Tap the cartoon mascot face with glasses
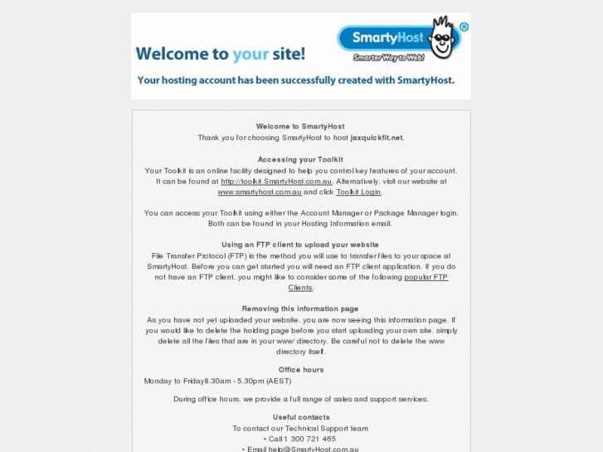(443, 40)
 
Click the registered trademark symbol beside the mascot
(464, 27)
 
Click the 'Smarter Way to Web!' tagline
(388, 57)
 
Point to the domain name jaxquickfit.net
(377, 138)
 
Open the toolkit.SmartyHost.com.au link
(276, 181)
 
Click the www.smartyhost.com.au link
(260, 192)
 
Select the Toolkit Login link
(358, 192)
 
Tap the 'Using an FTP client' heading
(300, 245)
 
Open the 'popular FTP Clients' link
(426, 277)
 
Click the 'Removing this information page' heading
(300, 309)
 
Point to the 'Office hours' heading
(301, 370)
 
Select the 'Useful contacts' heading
(301, 417)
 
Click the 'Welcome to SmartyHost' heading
(300, 127)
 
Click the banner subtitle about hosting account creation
(296, 80)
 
